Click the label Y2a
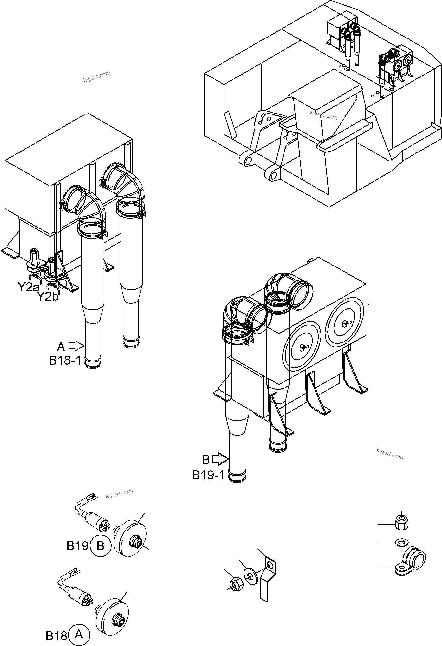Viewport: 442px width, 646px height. [28, 287]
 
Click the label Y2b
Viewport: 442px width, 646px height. [48, 296]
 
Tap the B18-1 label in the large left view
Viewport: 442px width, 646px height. [65, 361]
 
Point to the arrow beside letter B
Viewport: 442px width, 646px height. [220, 459]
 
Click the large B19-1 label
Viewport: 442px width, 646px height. [208, 475]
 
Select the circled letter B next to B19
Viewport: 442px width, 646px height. [100, 546]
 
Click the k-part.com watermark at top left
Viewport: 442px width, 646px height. [97, 77]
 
